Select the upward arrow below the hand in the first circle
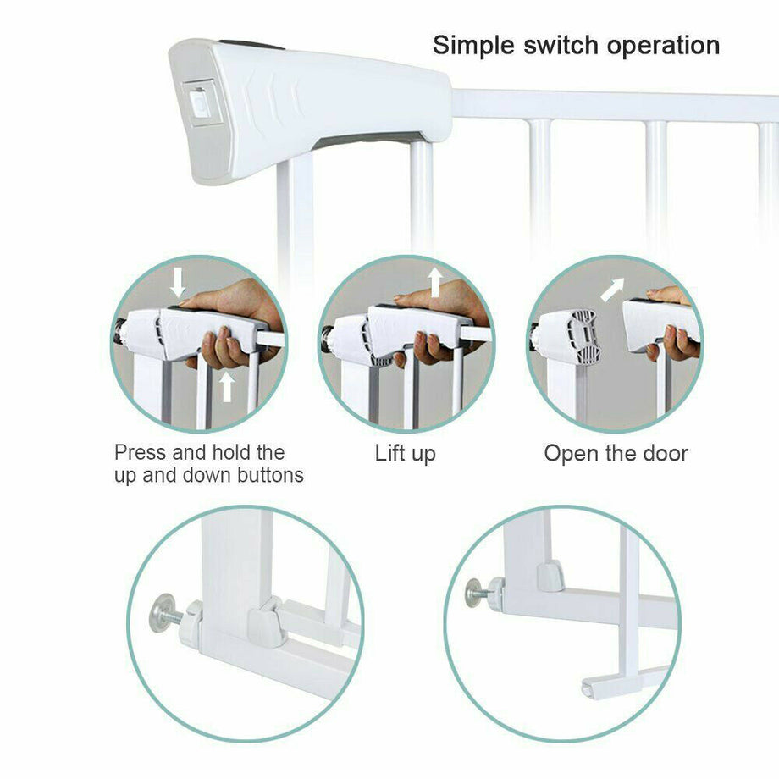[x=226, y=387]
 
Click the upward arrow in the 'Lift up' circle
[x=434, y=282]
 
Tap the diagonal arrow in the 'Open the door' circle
[x=612, y=290]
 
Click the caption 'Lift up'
[x=406, y=454]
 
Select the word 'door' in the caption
[x=663, y=454]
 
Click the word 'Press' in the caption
[x=140, y=452]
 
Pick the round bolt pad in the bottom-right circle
[x=473, y=590]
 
